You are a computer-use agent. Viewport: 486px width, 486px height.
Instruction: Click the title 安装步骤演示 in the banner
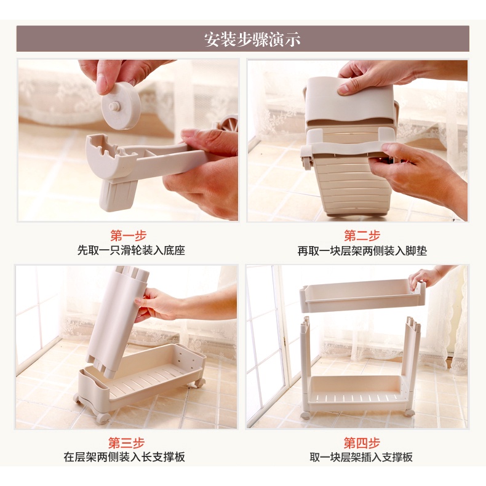[x=252, y=39]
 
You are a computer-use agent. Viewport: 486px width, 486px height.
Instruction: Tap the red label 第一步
[x=129, y=236]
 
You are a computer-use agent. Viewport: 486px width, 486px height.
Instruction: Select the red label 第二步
[x=362, y=236]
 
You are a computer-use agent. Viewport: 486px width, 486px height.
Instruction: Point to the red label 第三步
[x=127, y=442]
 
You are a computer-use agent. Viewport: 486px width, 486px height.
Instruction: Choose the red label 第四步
[x=362, y=442]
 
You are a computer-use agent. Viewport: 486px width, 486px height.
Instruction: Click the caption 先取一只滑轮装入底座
[x=131, y=250]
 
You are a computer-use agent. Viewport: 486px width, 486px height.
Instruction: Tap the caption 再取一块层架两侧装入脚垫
[x=362, y=251]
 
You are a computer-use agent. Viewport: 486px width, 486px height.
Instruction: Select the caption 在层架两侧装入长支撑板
[x=124, y=457]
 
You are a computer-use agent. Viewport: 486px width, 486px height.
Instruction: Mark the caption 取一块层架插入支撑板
[x=361, y=457]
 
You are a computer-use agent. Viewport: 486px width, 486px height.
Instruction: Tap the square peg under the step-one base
[x=117, y=195]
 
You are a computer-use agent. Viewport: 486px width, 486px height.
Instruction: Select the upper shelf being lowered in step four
[x=362, y=296]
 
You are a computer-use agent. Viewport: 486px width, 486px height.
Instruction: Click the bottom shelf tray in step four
[x=356, y=393]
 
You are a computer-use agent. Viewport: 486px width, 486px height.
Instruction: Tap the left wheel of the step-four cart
[x=305, y=415]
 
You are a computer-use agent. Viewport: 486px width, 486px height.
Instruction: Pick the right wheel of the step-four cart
[x=409, y=413]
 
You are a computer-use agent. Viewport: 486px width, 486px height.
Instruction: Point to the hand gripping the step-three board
[x=155, y=305]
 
